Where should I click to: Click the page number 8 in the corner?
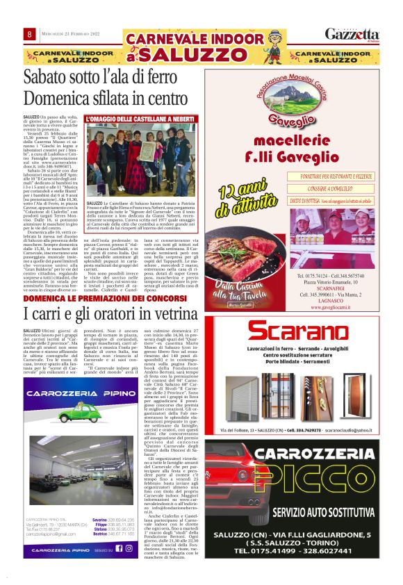point(29,35)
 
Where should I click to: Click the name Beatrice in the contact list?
point(100,533)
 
